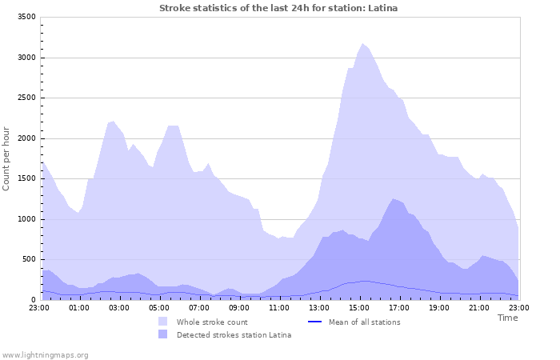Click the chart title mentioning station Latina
coord(278,8)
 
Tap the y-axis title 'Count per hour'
coord(6,158)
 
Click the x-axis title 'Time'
coord(507,318)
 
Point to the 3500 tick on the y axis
coord(26,17)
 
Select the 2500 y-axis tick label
coord(26,98)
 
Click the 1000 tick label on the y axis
coord(26,219)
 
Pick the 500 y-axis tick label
coord(29,259)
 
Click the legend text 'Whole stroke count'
coord(211,322)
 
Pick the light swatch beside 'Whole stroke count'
coord(163,322)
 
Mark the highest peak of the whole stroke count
coord(362,44)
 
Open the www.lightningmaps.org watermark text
coord(46,354)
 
